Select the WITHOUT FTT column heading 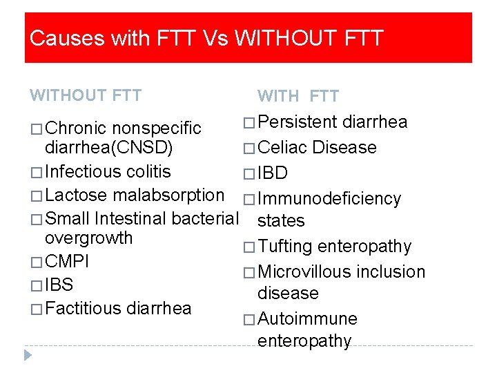pyautogui.click(x=86, y=95)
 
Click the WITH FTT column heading pyautogui.click(x=298, y=96)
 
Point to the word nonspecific pyautogui.click(x=157, y=128)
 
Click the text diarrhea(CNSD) pyautogui.click(x=109, y=147)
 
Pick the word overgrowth pyautogui.click(x=88, y=238)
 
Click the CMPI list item pyautogui.click(x=67, y=262)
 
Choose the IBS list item pyautogui.click(x=59, y=285)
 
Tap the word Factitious pyautogui.click(x=84, y=308)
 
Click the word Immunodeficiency pyautogui.click(x=329, y=199)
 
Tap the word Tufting pyautogui.click(x=285, y=247)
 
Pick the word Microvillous pyautogui.click(x=304, y=271)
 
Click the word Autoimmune pyautogui.click(x=307, y=319)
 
